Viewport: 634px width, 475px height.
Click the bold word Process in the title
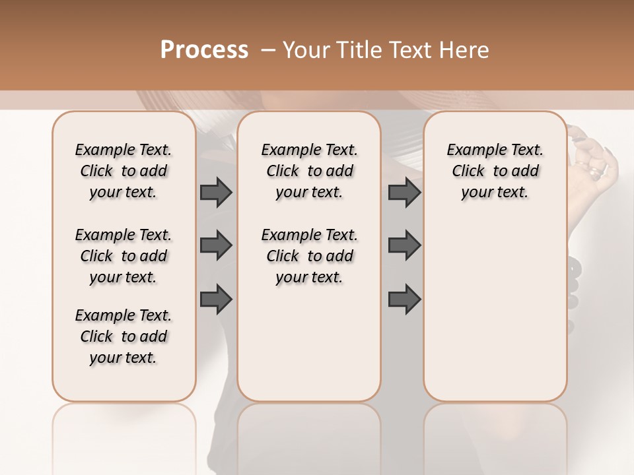coord(204,50)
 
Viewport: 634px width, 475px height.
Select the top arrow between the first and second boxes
coord(216,192)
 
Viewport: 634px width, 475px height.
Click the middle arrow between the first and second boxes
coord(216,245)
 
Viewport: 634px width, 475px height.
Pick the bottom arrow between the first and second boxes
coord(216,299)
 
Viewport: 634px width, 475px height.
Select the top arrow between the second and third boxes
coord(404,192)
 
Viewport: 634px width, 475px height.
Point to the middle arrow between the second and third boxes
coord(404,245)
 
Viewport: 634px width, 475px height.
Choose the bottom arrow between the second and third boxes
coord(404,299)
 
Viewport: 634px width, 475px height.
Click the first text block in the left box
coord(123,171)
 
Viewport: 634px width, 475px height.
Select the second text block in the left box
coord(123,256)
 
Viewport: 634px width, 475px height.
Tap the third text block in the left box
coord(123,336)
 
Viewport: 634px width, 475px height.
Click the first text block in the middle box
coord(309,171)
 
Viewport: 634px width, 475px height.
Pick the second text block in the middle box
coord(309,256)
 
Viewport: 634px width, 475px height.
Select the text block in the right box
coord(495,171)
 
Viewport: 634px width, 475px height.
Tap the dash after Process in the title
coord(267,50)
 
